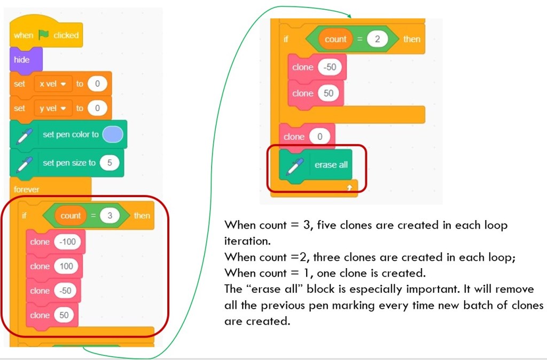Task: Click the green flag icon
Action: (x=44, y=35)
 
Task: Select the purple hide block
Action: (x=22, y=59)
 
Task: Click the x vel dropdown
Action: (x=53, y=84)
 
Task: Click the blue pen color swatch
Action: (x=112, y=135)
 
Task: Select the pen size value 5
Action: (x=110, y=163)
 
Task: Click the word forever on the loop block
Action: (x=27, y=189)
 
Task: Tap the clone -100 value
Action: (x=68, y=242)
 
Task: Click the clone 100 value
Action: (x=67, y=267)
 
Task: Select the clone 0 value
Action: (x=320, y=137)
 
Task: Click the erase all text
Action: (x=331, y=165)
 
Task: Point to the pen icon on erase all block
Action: (x=295, y=166)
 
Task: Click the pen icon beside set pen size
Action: (x=24, y=163)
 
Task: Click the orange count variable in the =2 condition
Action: (x=335, y=39)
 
